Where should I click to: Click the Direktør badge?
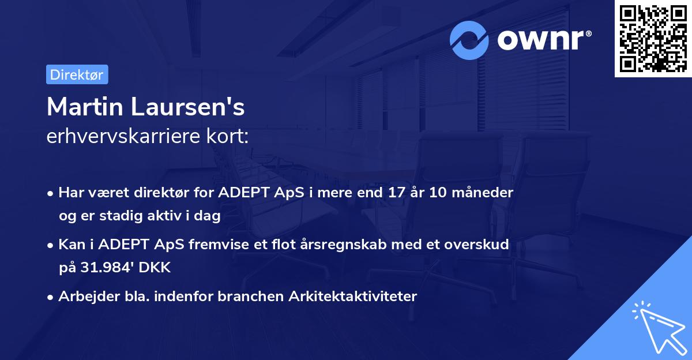click(x=77, y=74)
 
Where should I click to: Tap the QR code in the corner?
click(x=653, y=38)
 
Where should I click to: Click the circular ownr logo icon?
click(x=469, y=40)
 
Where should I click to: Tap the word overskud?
click(x=477, y=245)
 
